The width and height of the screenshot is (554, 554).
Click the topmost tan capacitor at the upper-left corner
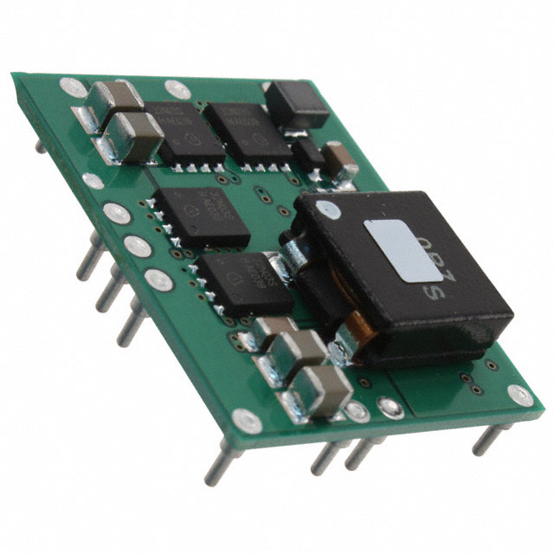click(115, 98)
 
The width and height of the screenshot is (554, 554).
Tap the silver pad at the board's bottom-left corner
click(247, 422)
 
